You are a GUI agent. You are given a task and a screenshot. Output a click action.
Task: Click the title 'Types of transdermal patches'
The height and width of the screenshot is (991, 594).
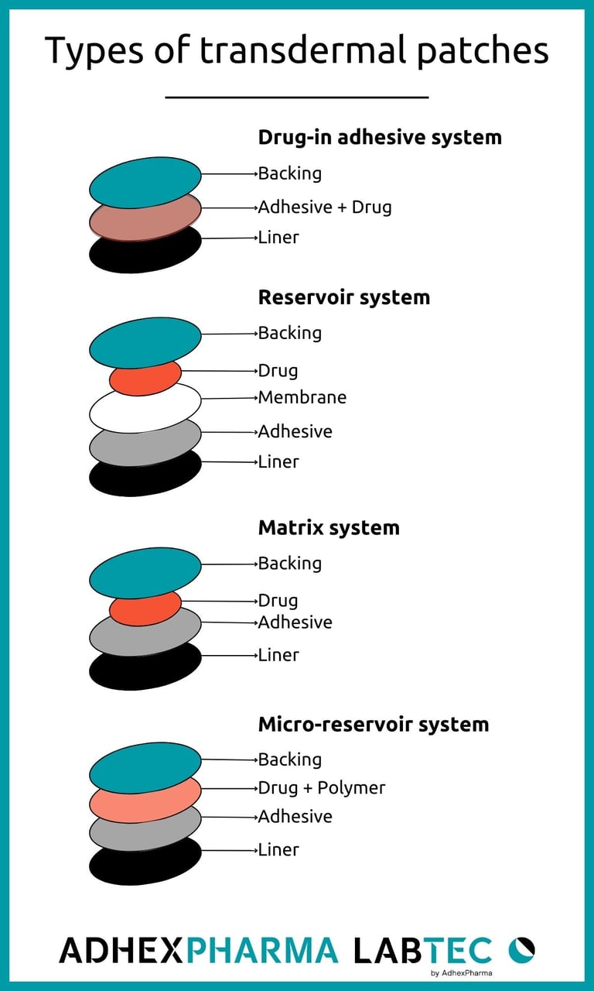[x=297, y=51]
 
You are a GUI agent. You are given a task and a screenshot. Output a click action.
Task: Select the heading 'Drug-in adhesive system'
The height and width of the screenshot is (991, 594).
[x=380, y=137]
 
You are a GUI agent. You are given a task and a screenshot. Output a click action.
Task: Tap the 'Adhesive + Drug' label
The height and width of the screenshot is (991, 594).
[x=325, y=207]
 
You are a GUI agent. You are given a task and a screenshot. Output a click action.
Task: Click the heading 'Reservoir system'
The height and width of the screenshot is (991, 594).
[x=344, y=297]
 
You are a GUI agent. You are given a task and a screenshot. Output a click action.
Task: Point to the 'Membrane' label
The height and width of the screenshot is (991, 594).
[x=302, y=397]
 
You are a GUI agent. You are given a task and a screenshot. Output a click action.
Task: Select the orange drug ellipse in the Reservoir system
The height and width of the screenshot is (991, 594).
[x=145, y=377]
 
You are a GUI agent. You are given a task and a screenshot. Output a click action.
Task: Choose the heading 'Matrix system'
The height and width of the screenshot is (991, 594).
[x=329, y=527]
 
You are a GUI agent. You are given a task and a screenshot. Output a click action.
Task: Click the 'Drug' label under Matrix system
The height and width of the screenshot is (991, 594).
[x=278, y=600]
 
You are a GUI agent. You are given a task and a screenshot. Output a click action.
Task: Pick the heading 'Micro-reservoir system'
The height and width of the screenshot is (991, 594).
[x=374, y=724]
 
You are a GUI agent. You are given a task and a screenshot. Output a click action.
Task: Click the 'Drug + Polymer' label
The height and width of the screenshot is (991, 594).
[x=322, y=787]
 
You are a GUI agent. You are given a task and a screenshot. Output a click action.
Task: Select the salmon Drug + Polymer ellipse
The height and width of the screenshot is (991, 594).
[x=145, y=801]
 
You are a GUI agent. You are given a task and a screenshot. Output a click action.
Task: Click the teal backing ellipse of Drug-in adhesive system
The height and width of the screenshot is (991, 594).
[x=145, y=182]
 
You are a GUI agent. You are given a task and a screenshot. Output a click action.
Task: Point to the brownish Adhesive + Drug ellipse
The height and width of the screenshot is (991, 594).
[x=145, y=219]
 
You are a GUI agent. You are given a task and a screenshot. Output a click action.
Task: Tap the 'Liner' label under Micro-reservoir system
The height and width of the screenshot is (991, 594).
[x=278, y=849]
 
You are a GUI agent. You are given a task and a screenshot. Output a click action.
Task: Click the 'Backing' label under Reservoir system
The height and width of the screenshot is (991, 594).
[x=290, y=333]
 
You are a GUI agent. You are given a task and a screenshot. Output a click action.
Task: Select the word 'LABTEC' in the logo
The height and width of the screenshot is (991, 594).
[x=422, y=950]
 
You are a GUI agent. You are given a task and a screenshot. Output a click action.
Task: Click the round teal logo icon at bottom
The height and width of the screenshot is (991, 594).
[x=521, y=949]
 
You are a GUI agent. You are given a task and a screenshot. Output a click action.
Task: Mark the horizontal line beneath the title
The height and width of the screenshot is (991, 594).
[x=297, y=98]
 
